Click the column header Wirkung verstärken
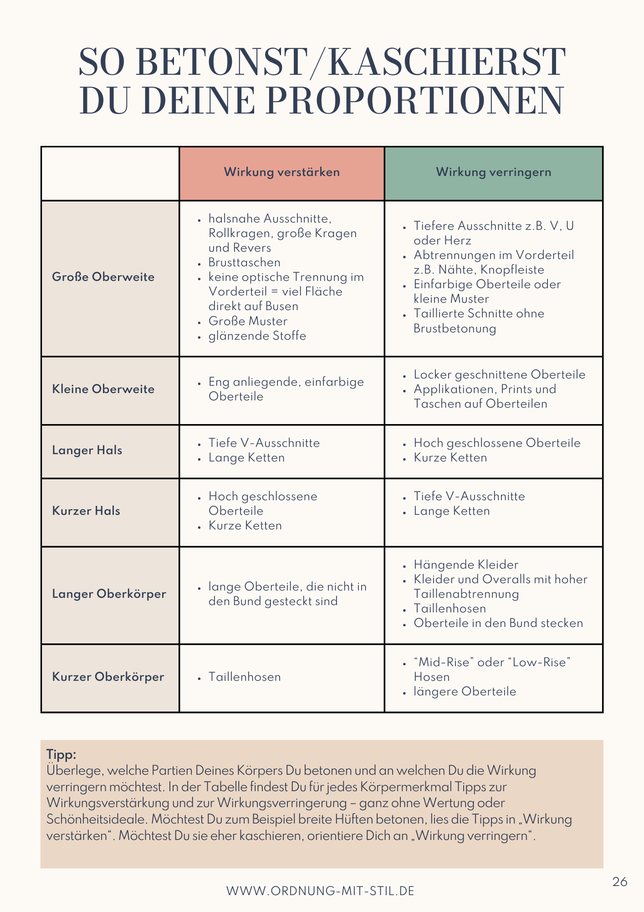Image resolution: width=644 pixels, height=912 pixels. (x=281, y=172)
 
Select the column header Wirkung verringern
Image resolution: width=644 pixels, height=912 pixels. (x=493, y=172)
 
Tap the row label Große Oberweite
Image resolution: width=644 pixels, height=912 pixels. (x=103, y=277)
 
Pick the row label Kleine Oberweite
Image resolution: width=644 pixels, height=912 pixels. (x=103, y=389)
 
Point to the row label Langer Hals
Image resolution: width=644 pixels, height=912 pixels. (x=87, y=451)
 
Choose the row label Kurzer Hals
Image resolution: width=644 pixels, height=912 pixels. (x=86, y=511)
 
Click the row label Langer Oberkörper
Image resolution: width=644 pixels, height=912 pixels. (x=109, y=594)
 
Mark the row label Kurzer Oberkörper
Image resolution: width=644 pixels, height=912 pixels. (x=108, y=677)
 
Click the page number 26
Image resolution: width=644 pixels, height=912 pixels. (x=619, y=882)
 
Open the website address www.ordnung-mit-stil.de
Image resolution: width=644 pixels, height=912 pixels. (x=320, y=891)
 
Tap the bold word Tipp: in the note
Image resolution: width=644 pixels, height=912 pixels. (x=61, y=754)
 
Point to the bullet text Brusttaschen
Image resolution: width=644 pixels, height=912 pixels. (x=244, y=263)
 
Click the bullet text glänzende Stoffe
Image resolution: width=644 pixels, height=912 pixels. (x=257, y=336)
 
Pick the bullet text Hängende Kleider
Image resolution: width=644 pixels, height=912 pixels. (x=465, y=565)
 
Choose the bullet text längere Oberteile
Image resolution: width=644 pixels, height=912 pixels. (x=465, y=692)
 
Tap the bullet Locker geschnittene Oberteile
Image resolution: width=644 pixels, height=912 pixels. (x=499, y=375)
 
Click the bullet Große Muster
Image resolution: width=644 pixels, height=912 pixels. (x=248, y=321)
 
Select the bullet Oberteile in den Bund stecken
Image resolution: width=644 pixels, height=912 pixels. (x=498, y=623)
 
